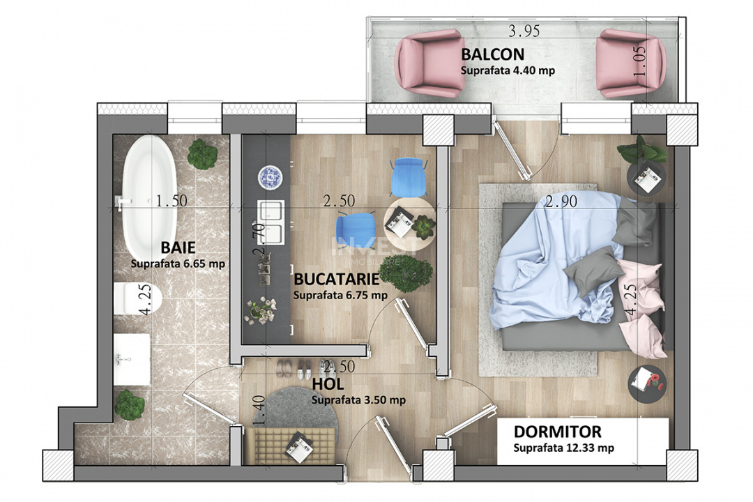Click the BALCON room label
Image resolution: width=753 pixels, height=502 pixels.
[492, 54]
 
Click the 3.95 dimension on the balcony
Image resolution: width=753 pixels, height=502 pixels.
[524, 31]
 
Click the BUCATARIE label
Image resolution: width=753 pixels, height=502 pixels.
[336, 279]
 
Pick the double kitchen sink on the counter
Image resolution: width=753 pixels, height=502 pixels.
[270, 223]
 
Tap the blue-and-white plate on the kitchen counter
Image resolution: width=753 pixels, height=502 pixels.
[269, 176]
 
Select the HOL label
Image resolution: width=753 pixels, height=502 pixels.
[328, 384]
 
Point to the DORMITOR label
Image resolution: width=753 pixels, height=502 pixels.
[557, 432]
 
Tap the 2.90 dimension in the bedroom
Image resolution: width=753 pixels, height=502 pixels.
[562, 202]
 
